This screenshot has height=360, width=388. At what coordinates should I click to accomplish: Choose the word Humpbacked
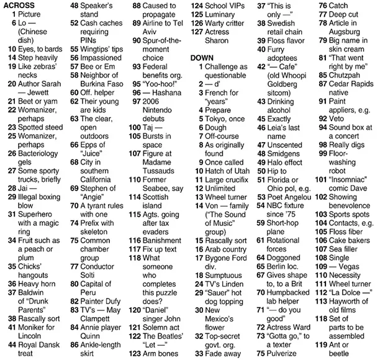click(292, 292)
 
